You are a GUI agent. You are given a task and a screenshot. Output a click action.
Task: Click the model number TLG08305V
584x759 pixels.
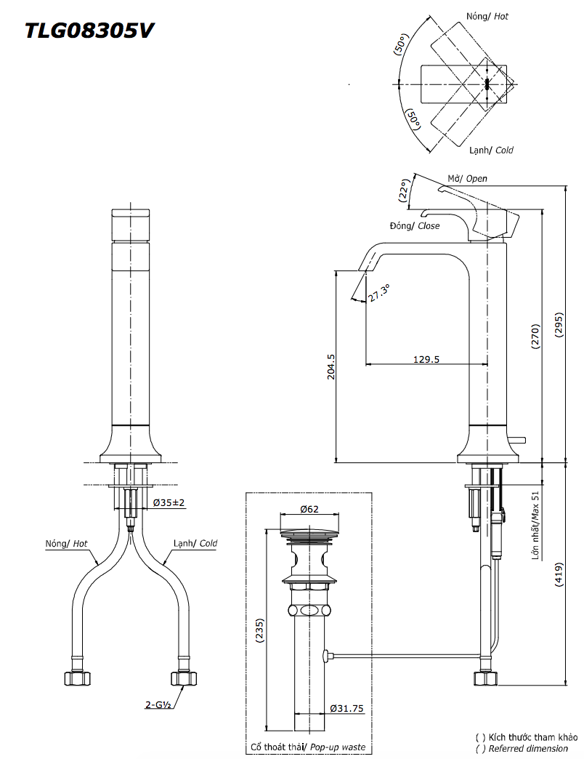[89, 31]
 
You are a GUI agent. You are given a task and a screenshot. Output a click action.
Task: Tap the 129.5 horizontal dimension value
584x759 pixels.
[426, 358]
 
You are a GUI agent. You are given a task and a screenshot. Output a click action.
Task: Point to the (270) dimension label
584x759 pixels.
[535, 337]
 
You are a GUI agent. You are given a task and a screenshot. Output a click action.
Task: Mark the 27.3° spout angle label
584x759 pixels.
[378, 294]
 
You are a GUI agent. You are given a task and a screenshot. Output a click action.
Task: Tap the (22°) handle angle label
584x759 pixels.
[405, 190]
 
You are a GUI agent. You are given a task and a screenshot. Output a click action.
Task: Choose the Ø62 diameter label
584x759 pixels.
[309, 510]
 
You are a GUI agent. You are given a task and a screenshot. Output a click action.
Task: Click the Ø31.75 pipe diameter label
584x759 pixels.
[346, 707]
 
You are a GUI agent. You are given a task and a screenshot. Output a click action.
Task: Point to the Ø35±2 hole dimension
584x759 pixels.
[169, 502]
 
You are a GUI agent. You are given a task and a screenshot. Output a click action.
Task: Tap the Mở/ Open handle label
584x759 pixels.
[467, 178]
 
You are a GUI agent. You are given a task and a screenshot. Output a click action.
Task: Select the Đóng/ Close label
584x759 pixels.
[415, 225]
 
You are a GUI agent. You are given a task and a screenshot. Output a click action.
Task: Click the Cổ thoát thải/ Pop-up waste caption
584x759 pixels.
[308, 747]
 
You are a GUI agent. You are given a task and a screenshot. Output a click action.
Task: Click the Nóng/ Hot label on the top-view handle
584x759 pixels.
[487, 15]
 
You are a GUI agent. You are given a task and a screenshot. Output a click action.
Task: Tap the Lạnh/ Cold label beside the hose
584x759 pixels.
[195, 543]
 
